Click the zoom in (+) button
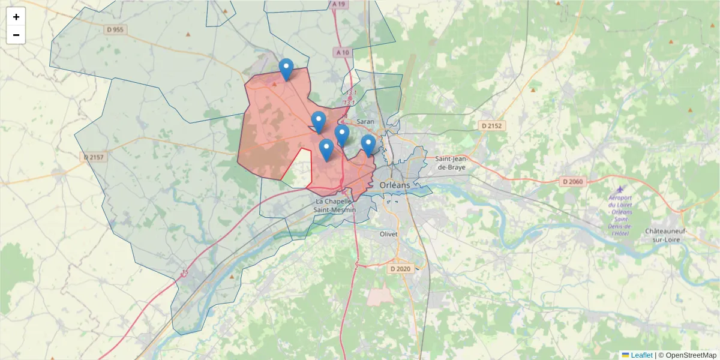point(16,17)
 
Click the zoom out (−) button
point(16,35)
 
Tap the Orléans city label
point(395,185)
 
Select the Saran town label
point(365,121)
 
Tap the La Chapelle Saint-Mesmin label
point(335,206)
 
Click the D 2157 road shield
point(94,157)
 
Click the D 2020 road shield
point(400,269)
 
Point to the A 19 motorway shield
point(339,4)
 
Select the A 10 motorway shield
point(343,53)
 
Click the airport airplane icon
point(620,190)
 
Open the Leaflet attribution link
point(641,355)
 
